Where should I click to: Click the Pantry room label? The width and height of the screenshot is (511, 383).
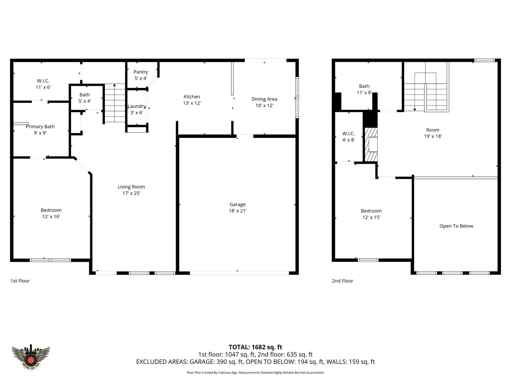(x=140, y=72)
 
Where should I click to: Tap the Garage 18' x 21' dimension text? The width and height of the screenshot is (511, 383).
(x=238, y=211)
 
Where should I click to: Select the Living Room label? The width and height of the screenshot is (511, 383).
(x=131, y=187)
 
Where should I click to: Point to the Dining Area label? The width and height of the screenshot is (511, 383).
(x=264, y=99)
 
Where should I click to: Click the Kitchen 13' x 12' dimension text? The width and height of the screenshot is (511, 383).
(x=192, y=103)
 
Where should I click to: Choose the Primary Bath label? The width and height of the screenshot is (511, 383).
(x=40, y=126)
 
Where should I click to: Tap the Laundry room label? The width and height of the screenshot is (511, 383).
(x=137, y=106)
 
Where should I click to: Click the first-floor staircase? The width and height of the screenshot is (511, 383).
(x=115, y=103)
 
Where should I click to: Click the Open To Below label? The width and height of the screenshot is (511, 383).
(x=456, y=226)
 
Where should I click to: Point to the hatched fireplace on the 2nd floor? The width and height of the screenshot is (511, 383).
(x=371, y=144)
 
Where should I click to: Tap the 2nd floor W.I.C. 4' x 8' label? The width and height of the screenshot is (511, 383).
(x=348, y=137)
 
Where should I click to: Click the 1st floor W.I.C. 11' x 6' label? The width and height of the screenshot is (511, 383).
(x=43, y=84)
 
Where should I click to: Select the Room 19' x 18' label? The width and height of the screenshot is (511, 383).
(x=433, y=133)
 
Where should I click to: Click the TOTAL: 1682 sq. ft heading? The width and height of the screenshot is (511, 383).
(x=255, y=347)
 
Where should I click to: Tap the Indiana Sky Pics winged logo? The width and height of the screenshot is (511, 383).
(x=31, y=357)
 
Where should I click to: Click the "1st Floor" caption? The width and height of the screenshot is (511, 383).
(x=20, y=281)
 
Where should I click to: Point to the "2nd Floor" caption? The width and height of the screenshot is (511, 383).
(x=343, y=281)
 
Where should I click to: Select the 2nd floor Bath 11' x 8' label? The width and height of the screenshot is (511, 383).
(x=364, y=89)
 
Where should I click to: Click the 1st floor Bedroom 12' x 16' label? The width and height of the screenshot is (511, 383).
(x=51, y=213)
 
